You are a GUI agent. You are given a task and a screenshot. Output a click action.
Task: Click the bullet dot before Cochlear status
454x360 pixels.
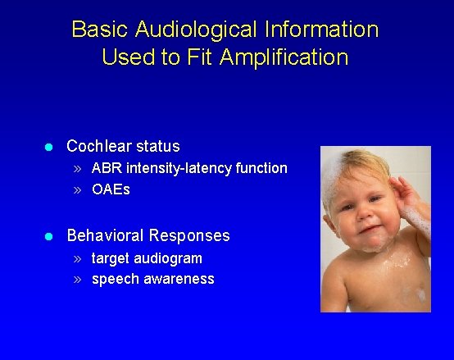point(48,148)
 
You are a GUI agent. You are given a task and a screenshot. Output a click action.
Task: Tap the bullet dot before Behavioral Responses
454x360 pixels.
point(48,236)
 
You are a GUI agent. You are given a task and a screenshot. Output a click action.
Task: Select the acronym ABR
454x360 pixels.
point(106,168)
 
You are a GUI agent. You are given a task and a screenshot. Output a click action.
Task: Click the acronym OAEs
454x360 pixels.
point(111,189)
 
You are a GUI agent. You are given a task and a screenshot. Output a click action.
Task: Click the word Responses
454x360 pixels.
point(193,236)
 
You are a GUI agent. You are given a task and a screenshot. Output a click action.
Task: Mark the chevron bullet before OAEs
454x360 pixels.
point(76,190)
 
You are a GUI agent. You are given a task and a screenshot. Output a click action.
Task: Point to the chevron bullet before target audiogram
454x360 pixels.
point(76,258)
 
